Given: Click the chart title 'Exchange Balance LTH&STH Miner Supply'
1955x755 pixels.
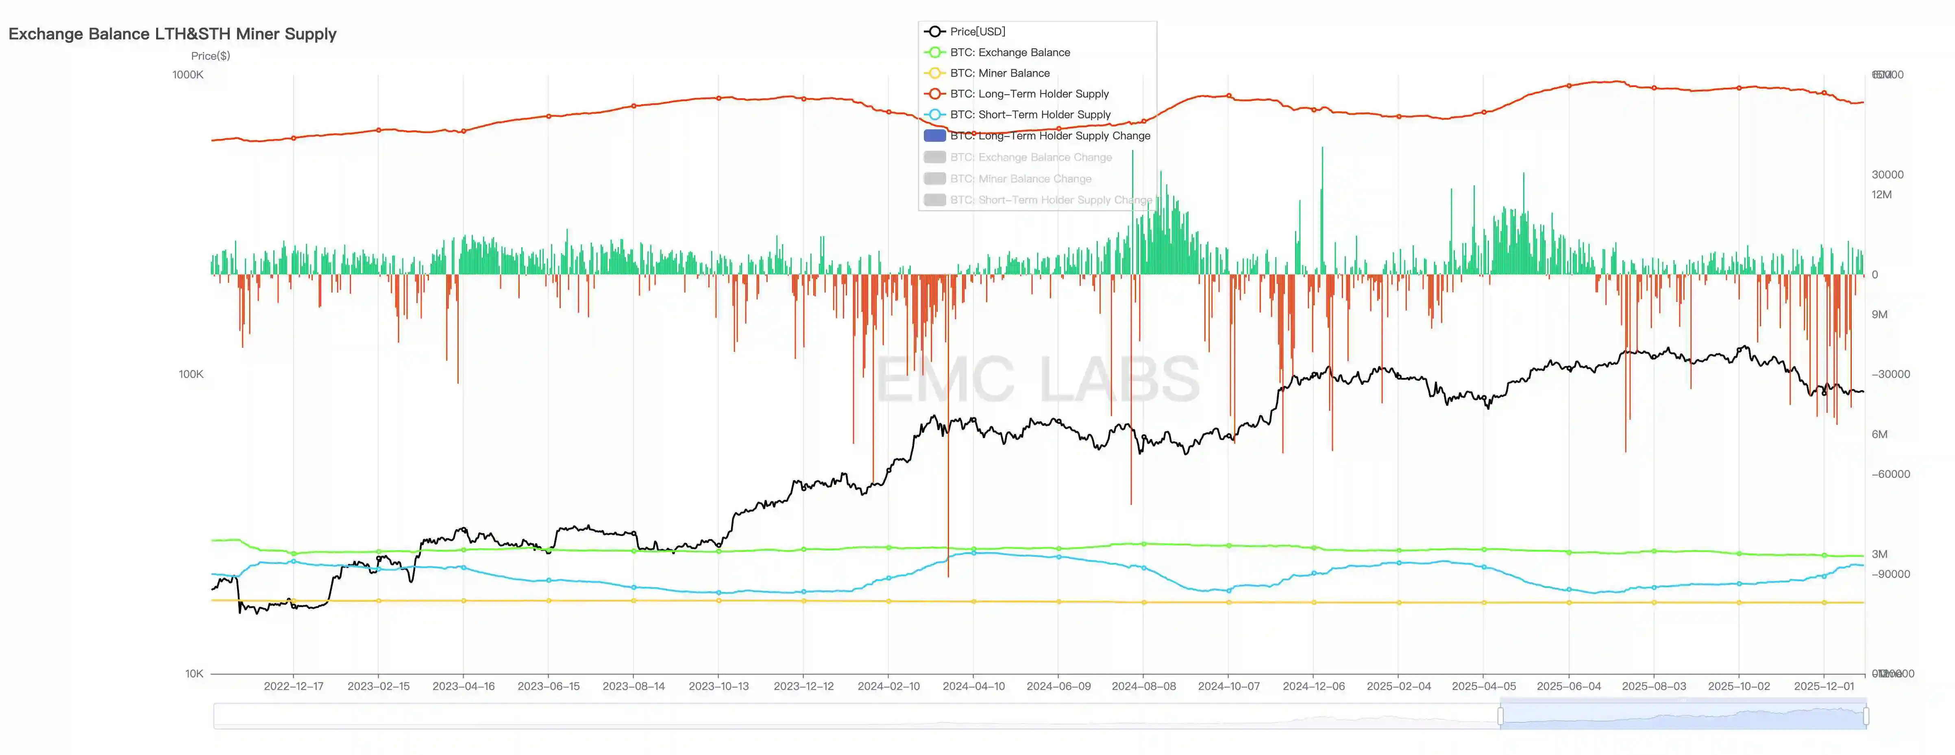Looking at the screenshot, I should point(172,34).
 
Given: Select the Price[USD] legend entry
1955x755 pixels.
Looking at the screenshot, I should point(977,31).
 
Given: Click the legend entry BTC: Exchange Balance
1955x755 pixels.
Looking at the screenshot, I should point(1009,52).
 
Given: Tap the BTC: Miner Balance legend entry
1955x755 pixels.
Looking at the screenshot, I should point(999,73).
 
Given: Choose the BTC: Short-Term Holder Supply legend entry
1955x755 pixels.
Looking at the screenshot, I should point(1030,115).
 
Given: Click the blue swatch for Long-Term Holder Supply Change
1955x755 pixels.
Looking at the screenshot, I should point(934,136).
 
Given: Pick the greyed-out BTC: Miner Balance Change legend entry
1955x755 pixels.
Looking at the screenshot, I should point(1020,178).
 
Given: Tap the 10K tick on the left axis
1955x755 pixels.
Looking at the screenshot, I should point(194,673).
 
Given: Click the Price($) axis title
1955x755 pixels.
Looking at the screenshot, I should point(210,55).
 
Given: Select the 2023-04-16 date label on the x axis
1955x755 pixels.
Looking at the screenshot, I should point(463,686).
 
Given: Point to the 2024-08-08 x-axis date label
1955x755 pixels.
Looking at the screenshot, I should point(1143,686).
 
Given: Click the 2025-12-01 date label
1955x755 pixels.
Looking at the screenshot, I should point(1823,686).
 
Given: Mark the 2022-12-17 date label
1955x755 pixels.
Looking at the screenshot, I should point(293,686).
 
